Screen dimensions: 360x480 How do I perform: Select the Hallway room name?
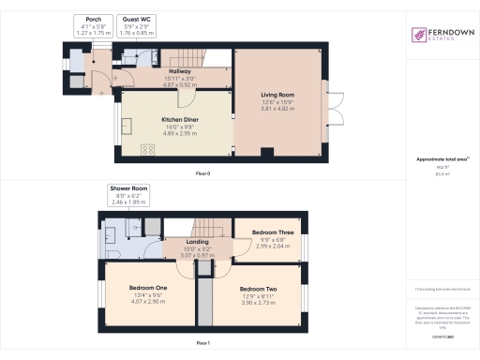click(179, 71)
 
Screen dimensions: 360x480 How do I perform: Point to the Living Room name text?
click(277, 95)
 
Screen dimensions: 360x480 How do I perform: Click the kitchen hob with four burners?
click(148, 150)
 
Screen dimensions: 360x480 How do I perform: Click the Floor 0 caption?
click(202, 174)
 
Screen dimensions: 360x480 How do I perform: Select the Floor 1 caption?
click(202, 344)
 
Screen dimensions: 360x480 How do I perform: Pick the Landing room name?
click(198, 242)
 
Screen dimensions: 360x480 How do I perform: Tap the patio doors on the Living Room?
click(327, 105)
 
